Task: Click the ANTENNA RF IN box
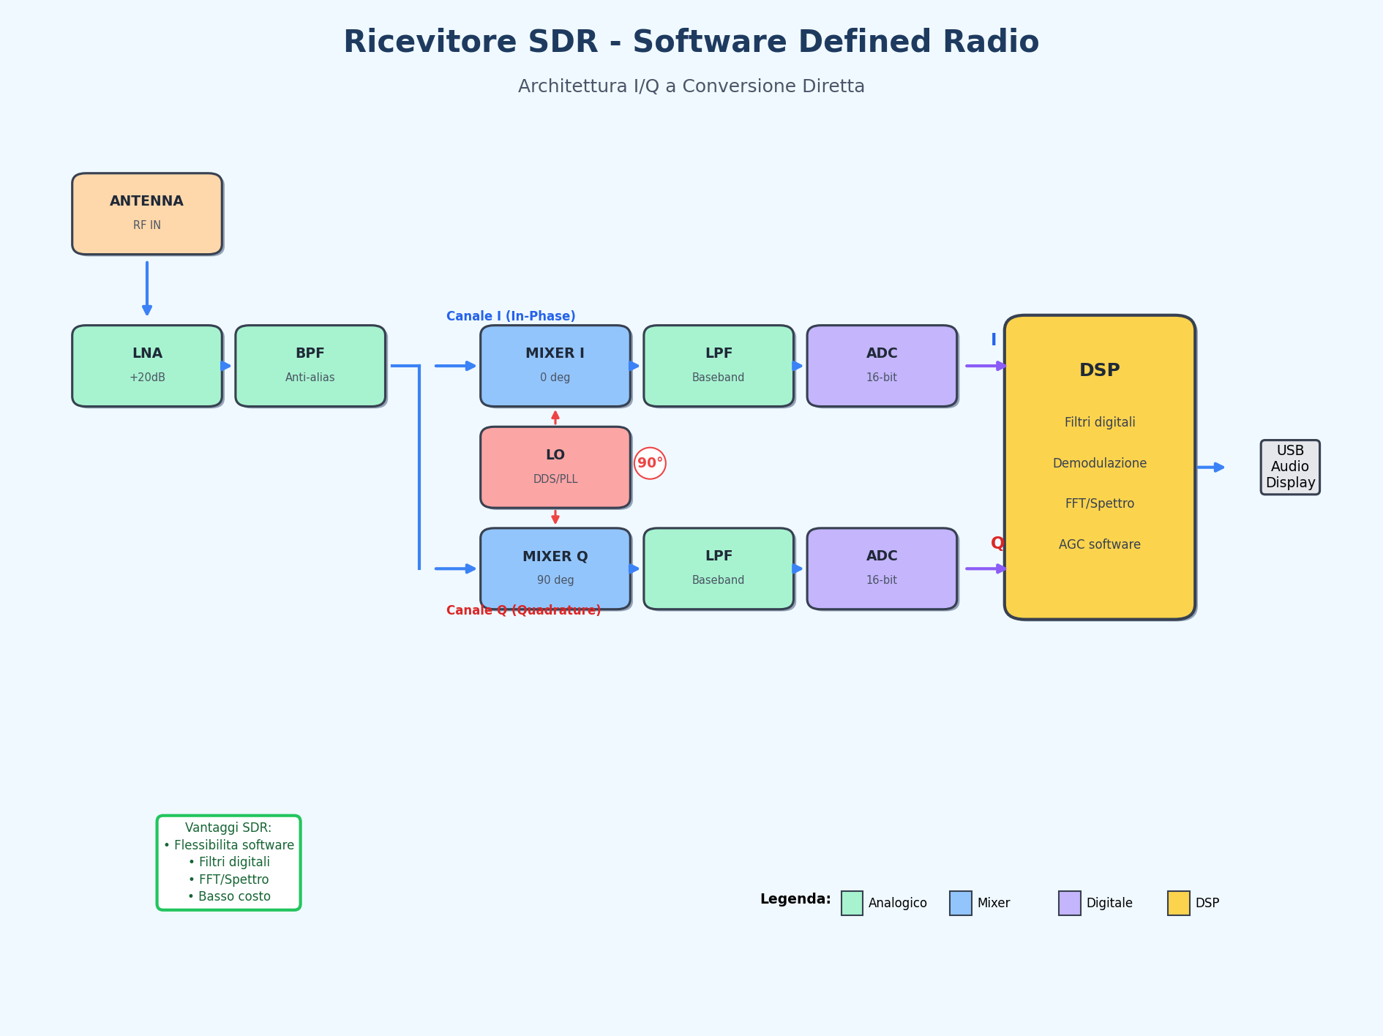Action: [x=147, y=214]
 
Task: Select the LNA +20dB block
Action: [x=147, y=366]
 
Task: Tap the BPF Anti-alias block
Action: [x=310, y=366]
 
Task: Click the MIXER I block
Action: [x=555, y=366]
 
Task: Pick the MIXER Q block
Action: [x=555, y=568]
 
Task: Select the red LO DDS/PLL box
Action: [x=555, y=467]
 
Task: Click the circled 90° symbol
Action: [x=650, y=463]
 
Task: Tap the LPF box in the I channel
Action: [x=719, y=366]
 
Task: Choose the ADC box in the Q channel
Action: [x=882, y=568]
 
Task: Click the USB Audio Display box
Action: [x=1290, y=467]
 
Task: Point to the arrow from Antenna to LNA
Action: [x=147, y=288]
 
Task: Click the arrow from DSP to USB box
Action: [x=1210, y=467]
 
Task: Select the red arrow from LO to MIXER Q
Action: [x=555, y=517]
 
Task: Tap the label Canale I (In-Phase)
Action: [x=511, y=316]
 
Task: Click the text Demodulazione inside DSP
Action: [x=1099, y=463]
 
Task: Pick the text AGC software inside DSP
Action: [x=1099, y=544]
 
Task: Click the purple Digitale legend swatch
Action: [x=1069, y=903]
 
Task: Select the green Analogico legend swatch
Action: [x=852, y=903]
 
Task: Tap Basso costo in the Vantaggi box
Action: [x=229, y=896]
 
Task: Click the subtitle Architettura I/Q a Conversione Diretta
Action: [x=691, y=86]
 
